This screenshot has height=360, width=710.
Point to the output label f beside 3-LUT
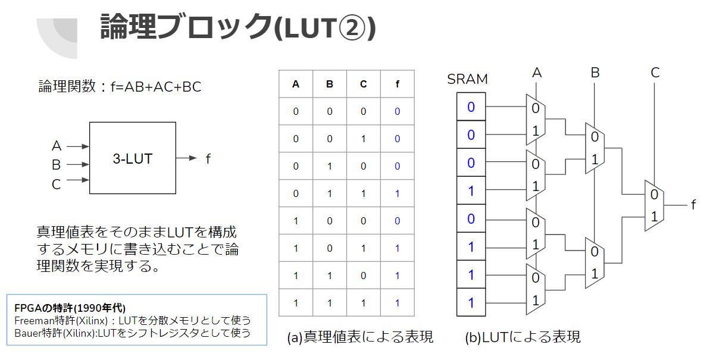click(x=208, y=158)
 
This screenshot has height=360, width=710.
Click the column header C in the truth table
click(x=363, y=84)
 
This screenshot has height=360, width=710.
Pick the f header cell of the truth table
click(x=397, y=84)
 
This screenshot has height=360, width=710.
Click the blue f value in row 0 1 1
click(x=397, y=193)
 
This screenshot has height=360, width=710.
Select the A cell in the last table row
click(x=296, y=303)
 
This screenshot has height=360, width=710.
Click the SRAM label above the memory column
click(x=467, y=79)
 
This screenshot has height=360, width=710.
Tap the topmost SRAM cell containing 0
click(x=471, y=107)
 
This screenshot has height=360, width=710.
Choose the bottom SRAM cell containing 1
click(x=471, y=302)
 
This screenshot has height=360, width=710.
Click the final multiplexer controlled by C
click(x=654, y=205)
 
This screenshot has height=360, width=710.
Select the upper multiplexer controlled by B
click(x=595, y=148)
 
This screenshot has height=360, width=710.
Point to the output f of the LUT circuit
click(x=693, y=205)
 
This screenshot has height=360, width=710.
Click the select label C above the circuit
click(x=655, y=73)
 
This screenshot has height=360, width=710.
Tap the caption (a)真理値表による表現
click(x=360, y=337)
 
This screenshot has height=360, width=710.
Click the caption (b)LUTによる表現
click(x=523, y=337)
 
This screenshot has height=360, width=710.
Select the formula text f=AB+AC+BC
click(x=156, y=86)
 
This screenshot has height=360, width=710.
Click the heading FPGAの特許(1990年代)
click(x=70, y=308)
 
